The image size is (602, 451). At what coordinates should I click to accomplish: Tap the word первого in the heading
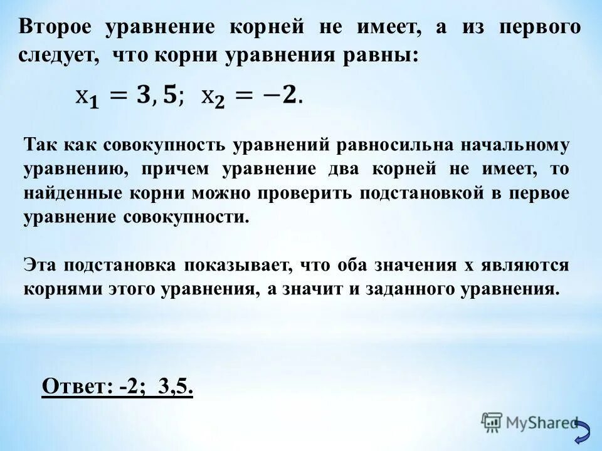click(x=541, y=28)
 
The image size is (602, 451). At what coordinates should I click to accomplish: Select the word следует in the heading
click(x=59, y=55)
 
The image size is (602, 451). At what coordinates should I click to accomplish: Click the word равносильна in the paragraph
click(x=394, y=145)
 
